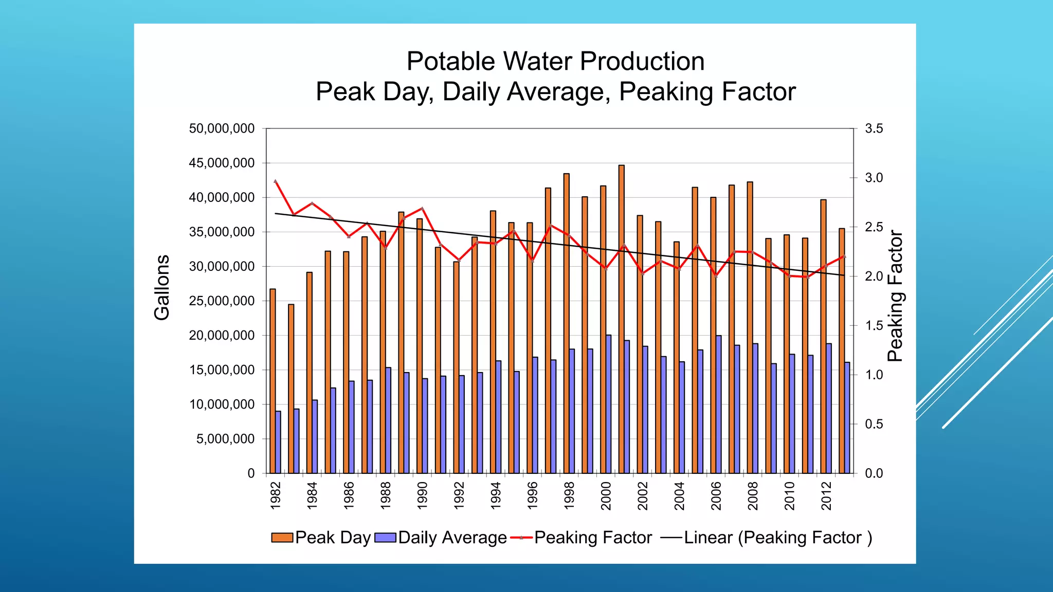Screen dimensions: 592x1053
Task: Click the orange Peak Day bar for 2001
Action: tap(621, 319)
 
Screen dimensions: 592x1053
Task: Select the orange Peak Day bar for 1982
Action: tap(273, 380)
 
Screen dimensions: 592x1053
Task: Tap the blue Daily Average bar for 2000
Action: tap(609, 404)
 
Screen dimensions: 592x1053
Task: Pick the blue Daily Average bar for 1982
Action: tap(278, 442)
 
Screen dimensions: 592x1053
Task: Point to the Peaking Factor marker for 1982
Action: tap(276, 181)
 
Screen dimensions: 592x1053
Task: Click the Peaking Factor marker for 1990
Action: tap(422, 209)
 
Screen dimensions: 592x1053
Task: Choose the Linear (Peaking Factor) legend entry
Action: tap(766, 538)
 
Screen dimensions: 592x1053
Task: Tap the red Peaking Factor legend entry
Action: tap(582, 538)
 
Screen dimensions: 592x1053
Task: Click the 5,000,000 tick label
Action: tap(225, 439)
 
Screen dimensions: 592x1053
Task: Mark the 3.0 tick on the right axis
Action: tap(874, 178)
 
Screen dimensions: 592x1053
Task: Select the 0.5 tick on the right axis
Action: tap(874, 424)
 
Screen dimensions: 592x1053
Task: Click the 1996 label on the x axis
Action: tap(533, 495)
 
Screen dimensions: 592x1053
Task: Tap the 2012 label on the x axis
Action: tap(826, 495)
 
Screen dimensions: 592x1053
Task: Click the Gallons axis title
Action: tap(161, 288)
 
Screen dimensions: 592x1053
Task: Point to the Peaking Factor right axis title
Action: tap(895, 296)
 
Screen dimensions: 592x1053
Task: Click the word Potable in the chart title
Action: tap(450, 62)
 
